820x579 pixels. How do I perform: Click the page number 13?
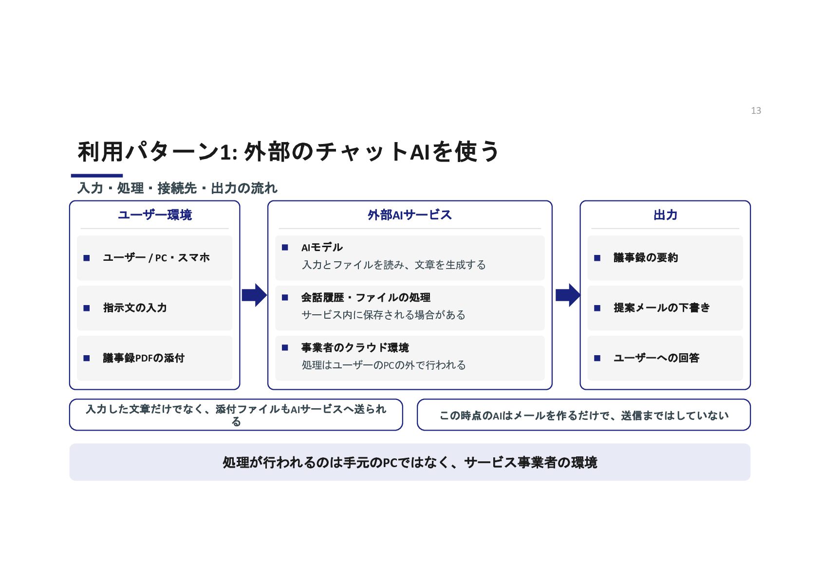tap(756, 110)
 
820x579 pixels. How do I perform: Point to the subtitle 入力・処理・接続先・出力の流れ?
tap(177, 188)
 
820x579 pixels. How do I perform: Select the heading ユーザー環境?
tap(155, 215)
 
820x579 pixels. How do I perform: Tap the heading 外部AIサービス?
tap(410, 215)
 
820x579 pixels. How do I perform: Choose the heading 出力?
tap(665, 215)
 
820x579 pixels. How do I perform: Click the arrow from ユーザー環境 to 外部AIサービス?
tap(254, 295)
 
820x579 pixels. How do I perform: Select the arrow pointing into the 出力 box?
tap(568, 295)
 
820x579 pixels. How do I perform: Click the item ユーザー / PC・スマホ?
tap(156, 257)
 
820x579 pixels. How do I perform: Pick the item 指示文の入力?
tap(135, 308)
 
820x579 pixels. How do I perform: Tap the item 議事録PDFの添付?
tap(144, 358)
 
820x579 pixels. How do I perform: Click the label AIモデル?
tap(322, 247)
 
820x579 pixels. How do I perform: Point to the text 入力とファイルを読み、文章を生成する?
tap(393, 265)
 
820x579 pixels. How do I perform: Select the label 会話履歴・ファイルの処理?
tap(366, 297)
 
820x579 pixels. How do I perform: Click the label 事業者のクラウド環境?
tap(354, 347)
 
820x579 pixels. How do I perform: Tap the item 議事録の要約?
tap(646, 257)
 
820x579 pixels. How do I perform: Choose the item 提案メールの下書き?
tap(662, 308)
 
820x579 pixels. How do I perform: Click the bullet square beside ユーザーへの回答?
tap(597, 358)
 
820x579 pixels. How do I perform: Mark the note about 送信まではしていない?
tap(583, 415)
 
